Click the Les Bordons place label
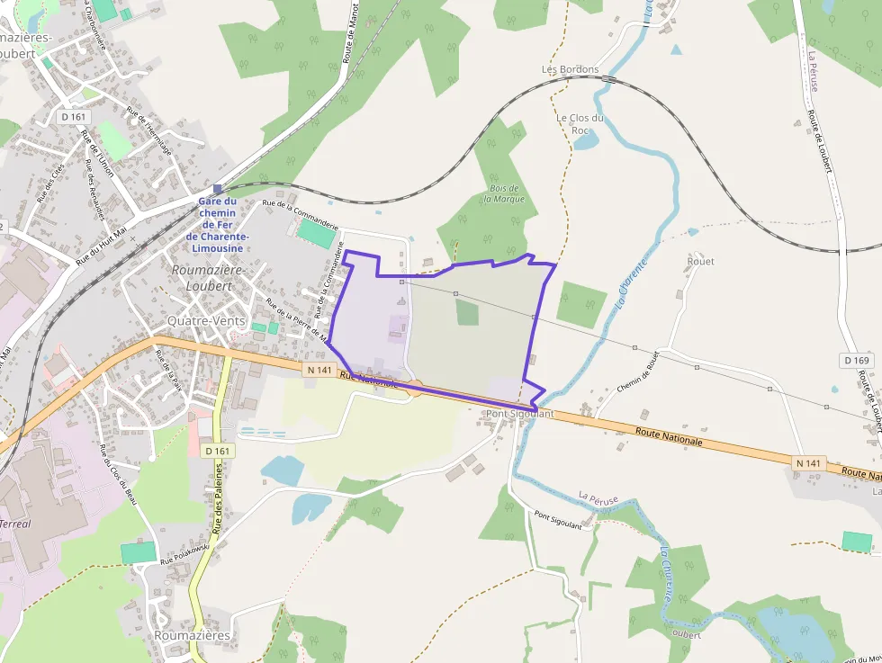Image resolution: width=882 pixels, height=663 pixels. (x=570, y=69)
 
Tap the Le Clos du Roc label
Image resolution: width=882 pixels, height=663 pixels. (x=580, y=123)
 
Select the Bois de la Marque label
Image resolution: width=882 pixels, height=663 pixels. (x=503, y=193)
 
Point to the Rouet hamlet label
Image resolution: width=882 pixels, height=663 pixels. (x=700, y=261)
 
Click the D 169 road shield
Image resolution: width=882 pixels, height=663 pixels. (x=858, y=361)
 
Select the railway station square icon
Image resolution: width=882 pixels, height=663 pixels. (x=217, y=189)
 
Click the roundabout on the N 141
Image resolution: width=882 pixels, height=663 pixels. (x=415, y=388)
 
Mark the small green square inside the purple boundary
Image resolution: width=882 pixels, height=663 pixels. (x=466, y=312)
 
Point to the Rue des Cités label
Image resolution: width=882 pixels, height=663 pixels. (x=50, y=180)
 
